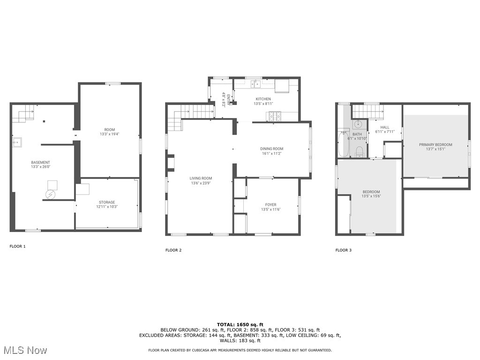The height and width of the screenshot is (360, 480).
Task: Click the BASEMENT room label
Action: (40, 163)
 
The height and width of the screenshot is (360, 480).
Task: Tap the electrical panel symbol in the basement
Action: (50, 194)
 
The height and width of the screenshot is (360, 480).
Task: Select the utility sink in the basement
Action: (17, 141)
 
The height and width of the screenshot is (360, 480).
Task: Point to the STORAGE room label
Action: (107, 202)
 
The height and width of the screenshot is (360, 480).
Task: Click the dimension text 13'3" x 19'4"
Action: (110, 134)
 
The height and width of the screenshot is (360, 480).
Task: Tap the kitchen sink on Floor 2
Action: (255, 84)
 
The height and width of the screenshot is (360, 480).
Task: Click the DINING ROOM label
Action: (272, 149)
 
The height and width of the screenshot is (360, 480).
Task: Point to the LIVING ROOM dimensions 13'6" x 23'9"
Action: (201, 183)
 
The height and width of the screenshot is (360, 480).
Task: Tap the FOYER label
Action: (270, 205)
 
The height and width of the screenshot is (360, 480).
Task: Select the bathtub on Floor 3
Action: (343, 144)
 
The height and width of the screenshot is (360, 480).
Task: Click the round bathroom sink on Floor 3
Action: (359, 125)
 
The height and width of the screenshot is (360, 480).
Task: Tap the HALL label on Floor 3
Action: (385, 127)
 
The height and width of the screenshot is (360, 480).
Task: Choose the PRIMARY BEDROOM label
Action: (435, 145)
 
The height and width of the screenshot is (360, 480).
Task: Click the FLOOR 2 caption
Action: (173, 250)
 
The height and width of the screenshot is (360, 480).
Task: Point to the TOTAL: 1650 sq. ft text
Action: (240, 324)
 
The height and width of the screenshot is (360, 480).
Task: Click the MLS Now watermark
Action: (25, 350)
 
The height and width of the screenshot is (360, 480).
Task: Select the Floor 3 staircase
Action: (367, 112)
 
